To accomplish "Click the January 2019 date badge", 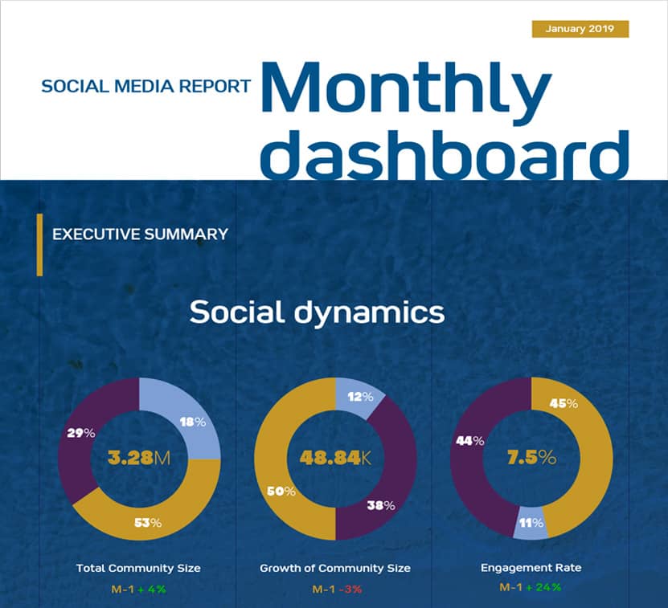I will tap(580, 29).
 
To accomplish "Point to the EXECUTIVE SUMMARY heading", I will tap(140, 235).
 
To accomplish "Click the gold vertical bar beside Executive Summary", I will tap(39, 245).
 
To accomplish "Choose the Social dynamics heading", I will tap(317, 312).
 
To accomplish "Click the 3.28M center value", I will tap(139, 459).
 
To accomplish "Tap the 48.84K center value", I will tap(335, 459).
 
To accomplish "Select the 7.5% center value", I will tap(531, 458).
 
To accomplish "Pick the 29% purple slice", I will tap(82, 433).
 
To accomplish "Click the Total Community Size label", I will tap(138, 568).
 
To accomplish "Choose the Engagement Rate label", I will tap(531, 568).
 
